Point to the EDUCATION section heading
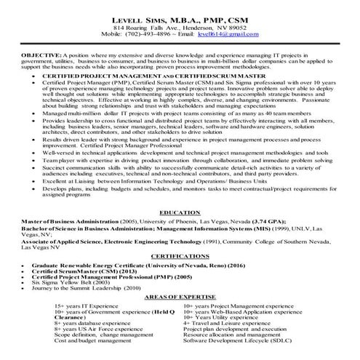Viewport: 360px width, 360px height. tap(180, 212)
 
